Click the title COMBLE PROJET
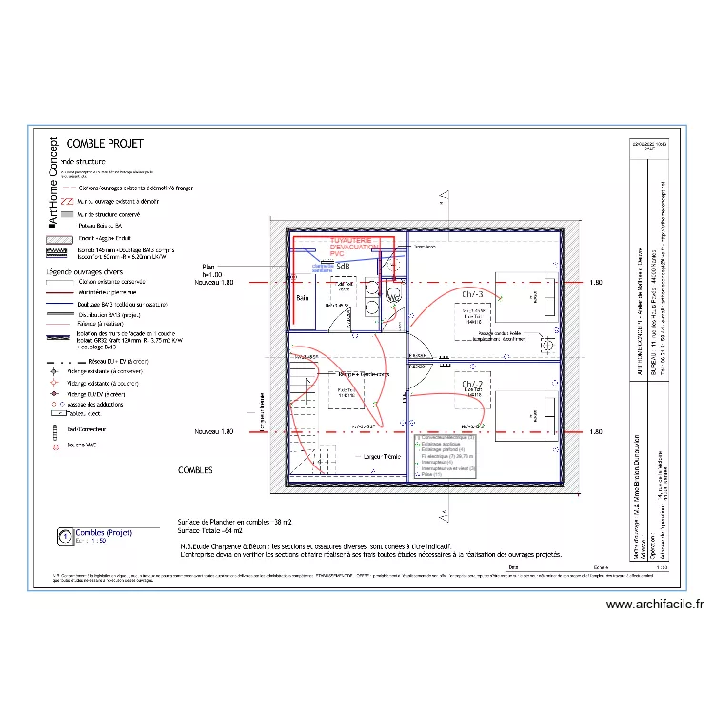(x=105, y=143)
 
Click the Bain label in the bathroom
(x=304, y=298)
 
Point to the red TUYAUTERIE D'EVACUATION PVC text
(x=354, y=248)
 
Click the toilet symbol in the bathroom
(x=389, y=296)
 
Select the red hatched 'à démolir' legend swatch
(x=67, y=202)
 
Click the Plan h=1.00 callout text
(x=211, y=270)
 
